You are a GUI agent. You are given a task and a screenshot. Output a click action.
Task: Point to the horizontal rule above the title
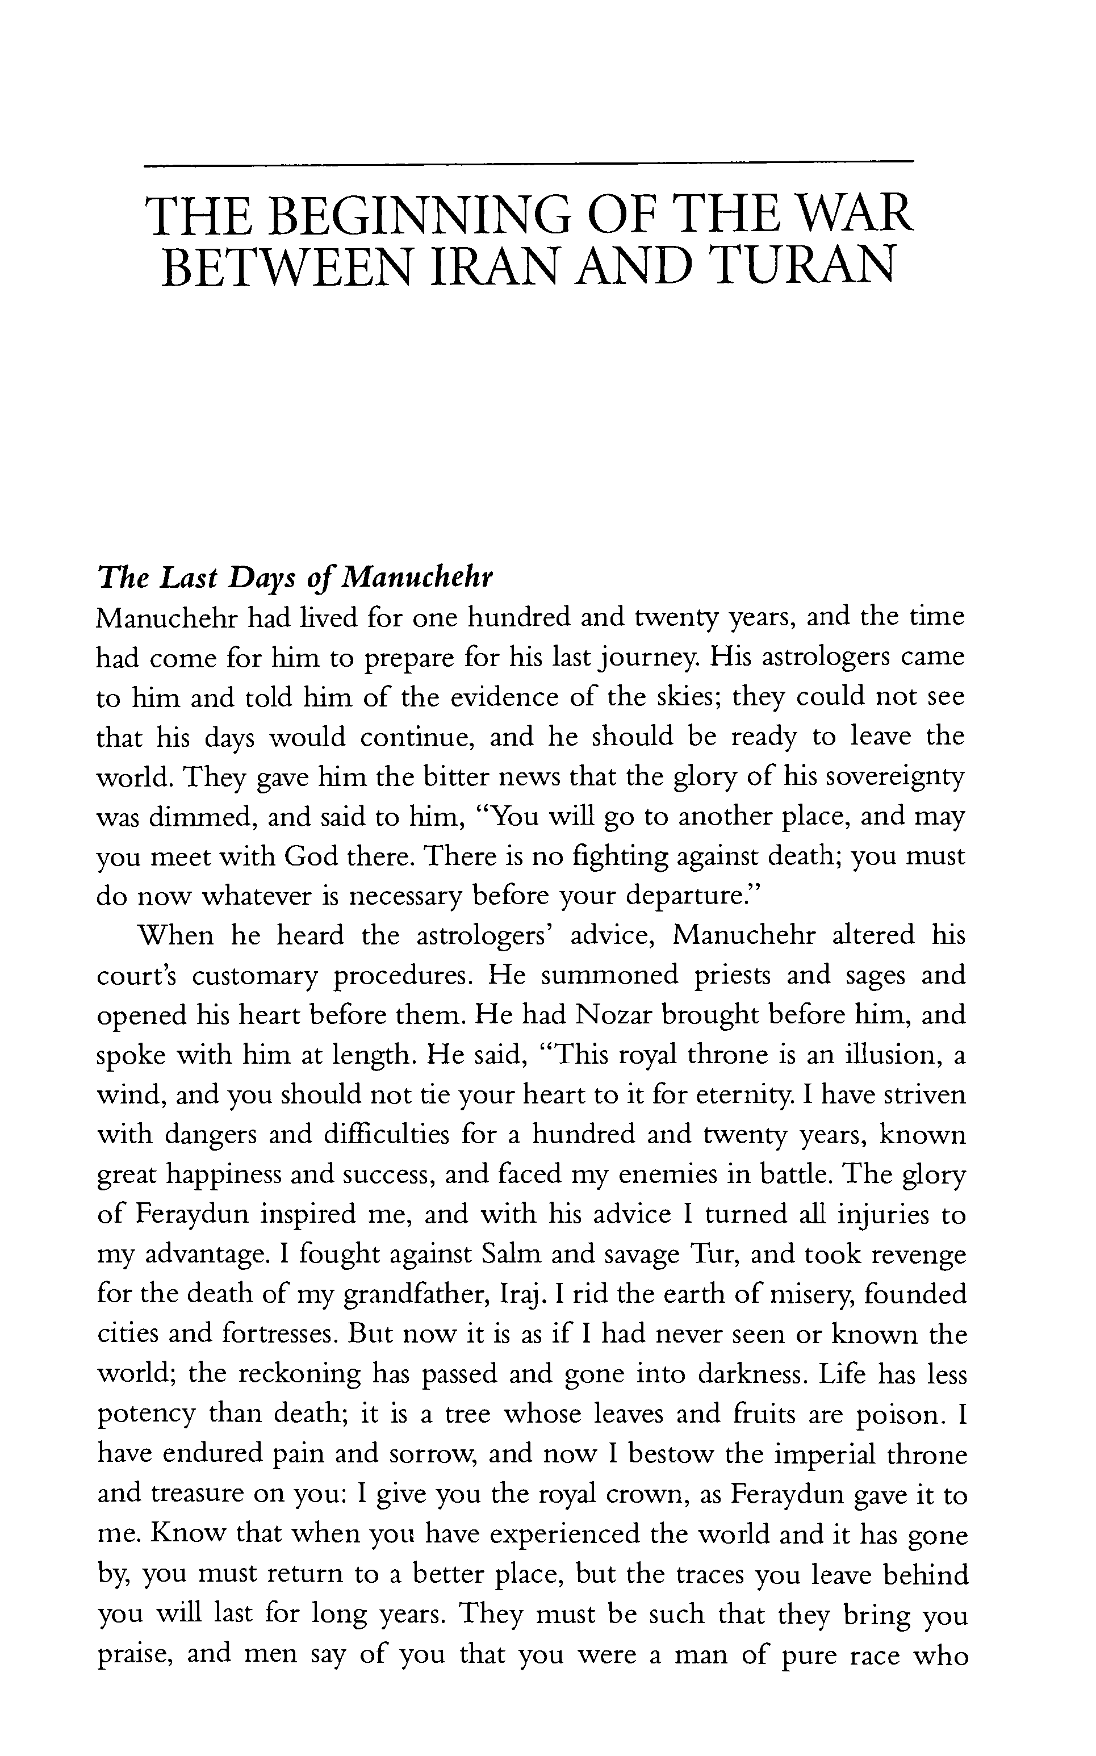pos(529,164)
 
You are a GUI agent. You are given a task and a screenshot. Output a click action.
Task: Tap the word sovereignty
pos(895,777)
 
